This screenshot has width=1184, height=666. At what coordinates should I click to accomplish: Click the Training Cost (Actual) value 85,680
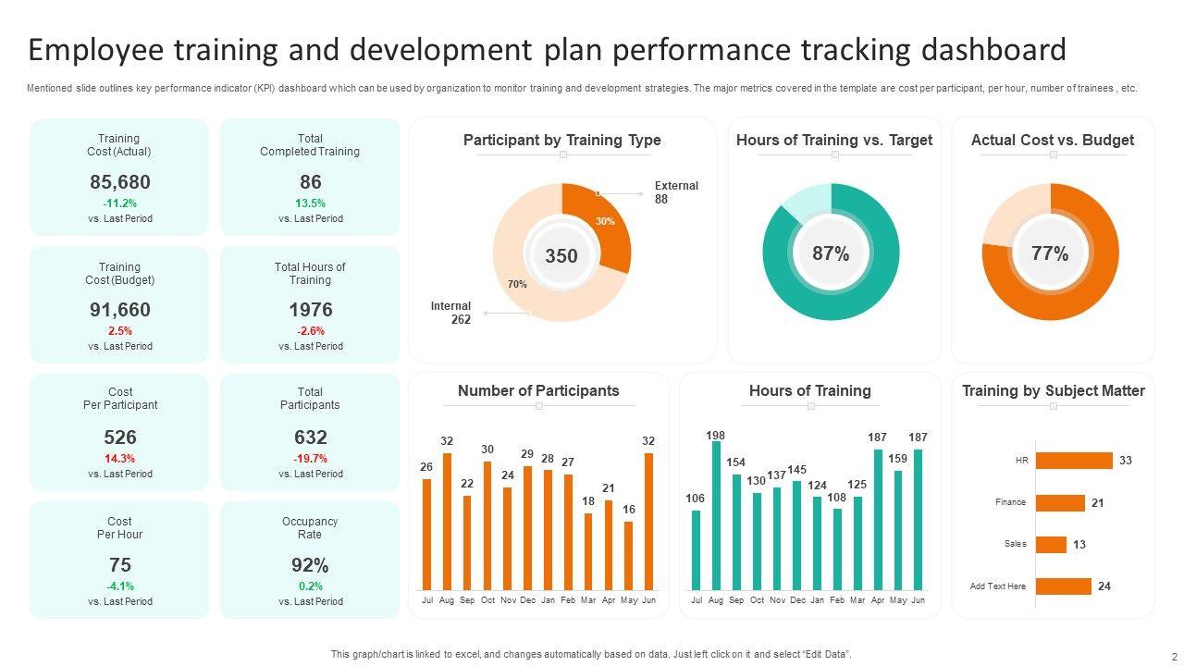(x=120, y=182)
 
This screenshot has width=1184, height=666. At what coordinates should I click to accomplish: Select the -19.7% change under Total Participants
(x=310, y=459)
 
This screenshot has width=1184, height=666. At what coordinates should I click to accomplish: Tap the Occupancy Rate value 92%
(x=310, y=565)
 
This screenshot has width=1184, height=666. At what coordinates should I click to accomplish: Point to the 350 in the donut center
(x=561, y=255)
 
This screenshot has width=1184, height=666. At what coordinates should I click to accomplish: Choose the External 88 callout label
(x=676, y=192)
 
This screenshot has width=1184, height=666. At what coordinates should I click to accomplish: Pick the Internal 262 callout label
(x=450, y=313)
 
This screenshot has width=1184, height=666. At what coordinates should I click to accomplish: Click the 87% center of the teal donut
(x=831, y=253)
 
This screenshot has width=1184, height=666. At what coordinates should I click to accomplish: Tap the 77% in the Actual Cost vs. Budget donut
(x=1050, y=253)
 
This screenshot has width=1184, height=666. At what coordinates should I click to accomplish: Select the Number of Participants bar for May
(x=629, y=555)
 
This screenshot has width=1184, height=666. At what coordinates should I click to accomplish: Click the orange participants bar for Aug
(x=447, y=521)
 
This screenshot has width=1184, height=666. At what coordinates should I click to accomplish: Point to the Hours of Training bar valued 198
(x=716, y=515)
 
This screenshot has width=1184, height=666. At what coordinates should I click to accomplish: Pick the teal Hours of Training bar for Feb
(x=837, y=549)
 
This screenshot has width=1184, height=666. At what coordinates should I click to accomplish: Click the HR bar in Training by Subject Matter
(x=1074, y=461)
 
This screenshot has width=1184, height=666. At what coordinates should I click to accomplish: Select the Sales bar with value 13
(x=1052, y=545)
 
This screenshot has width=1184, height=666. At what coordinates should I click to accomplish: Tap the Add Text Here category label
(x=997, y=586)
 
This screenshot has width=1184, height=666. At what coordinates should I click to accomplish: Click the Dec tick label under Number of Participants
(x=527, y=600)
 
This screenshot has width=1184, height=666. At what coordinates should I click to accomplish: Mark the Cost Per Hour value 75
(x=120, y=565)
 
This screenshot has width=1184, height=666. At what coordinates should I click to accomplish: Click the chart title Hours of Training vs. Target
(x=834, y=141)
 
